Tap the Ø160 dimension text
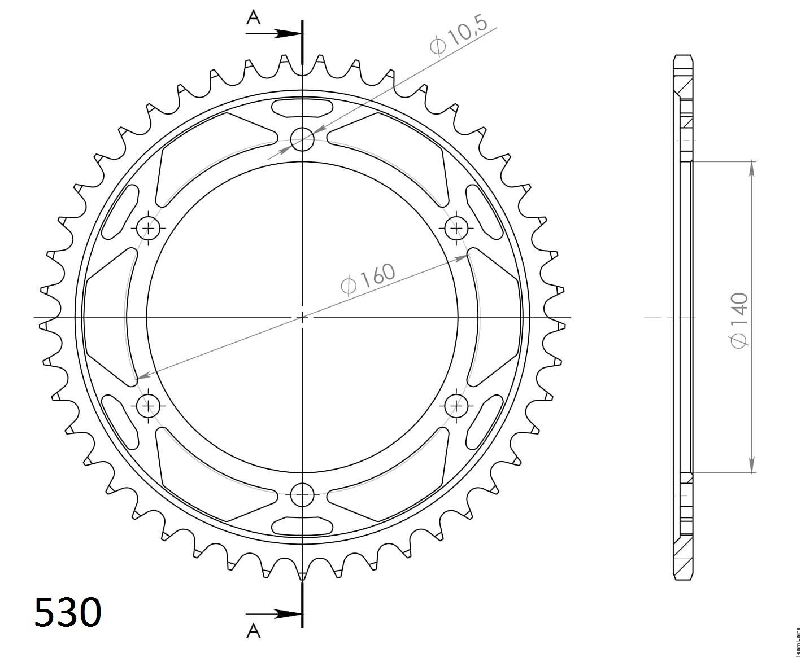[x=368, y=279]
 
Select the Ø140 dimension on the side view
[x=739, y=319]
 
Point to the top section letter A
[x=253, y=17]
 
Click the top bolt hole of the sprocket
[x=302, y=139]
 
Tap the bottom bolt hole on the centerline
[x=302, y=495]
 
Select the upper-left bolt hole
[x=148, y=228]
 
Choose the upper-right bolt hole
[x=456, y=228]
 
